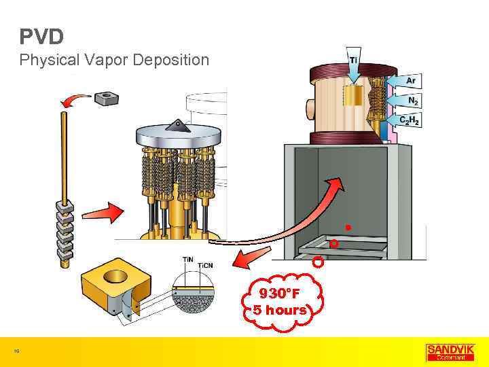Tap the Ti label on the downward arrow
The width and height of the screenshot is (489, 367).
[354, 60]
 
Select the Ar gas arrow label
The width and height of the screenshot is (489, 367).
[410, 81]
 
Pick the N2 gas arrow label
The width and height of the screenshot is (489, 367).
[412, 101]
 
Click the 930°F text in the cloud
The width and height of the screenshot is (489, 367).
[279, 294]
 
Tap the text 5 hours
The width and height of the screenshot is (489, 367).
[279, 310]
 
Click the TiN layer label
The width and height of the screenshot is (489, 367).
[188, 259]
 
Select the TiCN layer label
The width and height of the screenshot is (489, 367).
[205, 265]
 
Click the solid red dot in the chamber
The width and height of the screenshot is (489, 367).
[347, 226]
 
